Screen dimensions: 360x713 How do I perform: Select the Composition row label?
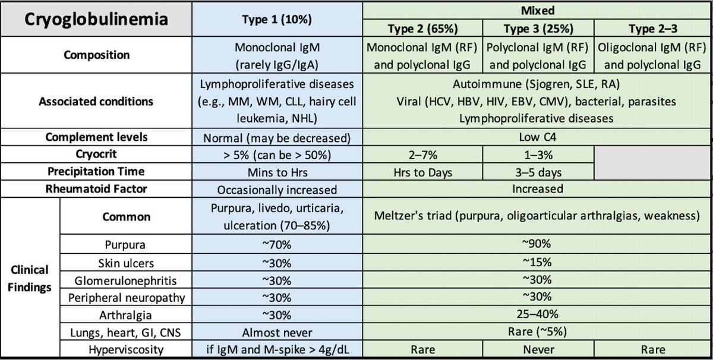(x=96, y=55)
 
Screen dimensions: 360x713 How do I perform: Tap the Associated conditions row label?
(x=96, y=102)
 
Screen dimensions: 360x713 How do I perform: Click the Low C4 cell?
(x=538, y=137)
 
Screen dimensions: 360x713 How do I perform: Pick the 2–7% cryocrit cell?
(x=422, y=154)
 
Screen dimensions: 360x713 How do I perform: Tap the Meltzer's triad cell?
(x=538, y=216)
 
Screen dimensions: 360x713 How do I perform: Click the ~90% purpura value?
(x=538, y=244)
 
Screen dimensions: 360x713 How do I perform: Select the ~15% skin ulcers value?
(x=538, y=261)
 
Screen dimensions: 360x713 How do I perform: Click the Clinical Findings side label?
(x=30, y=278)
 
